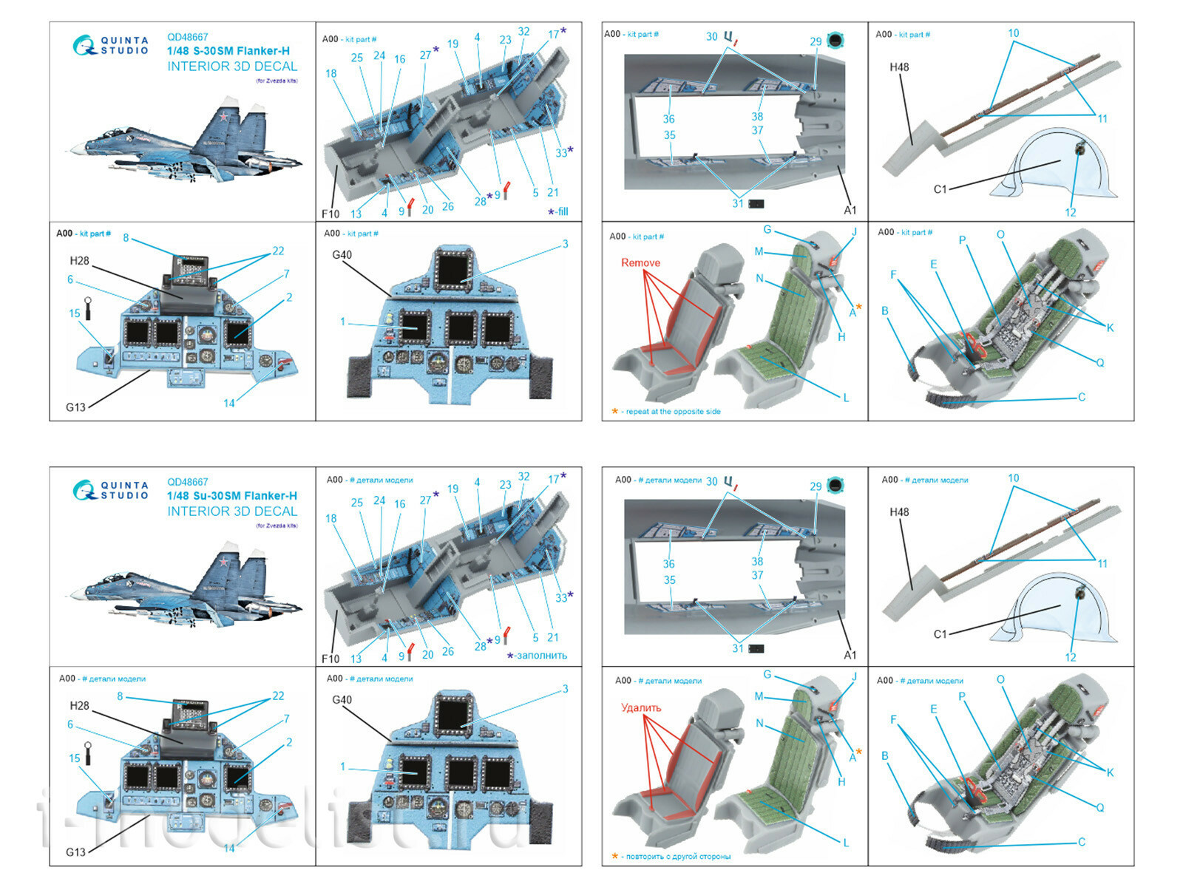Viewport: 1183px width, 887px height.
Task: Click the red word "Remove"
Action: pos(640,262)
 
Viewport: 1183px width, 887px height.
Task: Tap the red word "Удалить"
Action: pos(641,707)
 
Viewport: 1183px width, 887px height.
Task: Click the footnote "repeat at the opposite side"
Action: pos(673,412)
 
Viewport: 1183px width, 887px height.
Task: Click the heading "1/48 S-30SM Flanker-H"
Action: pos(228,51)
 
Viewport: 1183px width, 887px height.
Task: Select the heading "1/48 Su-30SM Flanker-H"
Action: pos(231,496)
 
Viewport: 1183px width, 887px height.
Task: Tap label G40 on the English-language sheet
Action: pos(342,255)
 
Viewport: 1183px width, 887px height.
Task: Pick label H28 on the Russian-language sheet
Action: pos(79,706)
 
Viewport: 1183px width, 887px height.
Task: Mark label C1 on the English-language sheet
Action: pos(940,189)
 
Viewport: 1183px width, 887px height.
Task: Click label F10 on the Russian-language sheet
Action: pos(330,659)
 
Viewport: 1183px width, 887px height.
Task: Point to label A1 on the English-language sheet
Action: pos(850,210)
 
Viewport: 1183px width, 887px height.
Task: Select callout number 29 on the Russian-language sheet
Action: pos(815,486)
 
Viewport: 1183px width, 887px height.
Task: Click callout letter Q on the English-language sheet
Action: pos(1099,362)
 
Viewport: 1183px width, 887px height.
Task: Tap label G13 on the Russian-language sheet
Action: pos(75,852)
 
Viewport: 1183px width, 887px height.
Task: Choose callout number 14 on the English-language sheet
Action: pos(229,403)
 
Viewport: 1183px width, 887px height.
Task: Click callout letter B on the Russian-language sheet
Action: pos(884,756)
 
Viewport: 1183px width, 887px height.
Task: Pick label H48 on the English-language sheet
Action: pos(899,67)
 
